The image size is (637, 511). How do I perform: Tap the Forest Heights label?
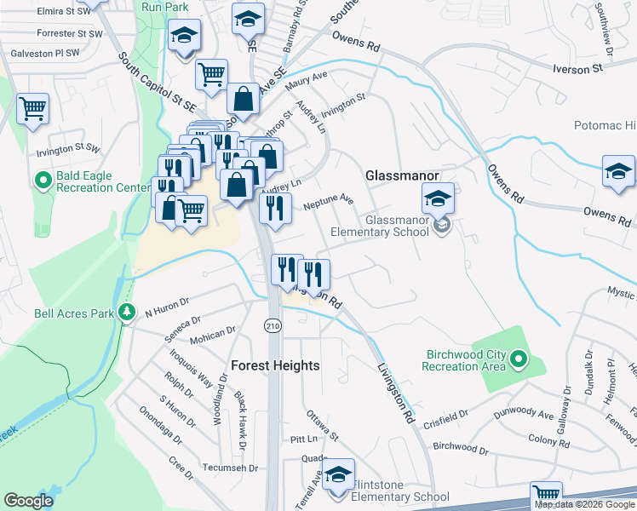pyautogui.click(x=275, y=365)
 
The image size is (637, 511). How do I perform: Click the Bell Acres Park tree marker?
pyautogui.click(x=127, y=313)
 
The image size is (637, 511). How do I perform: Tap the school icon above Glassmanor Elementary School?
pyautogui.click(x=438, y=200)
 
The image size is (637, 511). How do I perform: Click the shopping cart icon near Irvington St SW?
pyautogui.click(x=33, y=108)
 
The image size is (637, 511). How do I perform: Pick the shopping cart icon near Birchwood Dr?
pyautogui.click(x=546, y=495)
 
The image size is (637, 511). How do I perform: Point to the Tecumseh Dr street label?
pyautogui.click(x=230, y=468)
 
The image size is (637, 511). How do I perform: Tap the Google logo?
pyautogui.click(x=28, y=501)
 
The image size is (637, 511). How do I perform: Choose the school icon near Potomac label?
pyautogui.click(x=619, y=172)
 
